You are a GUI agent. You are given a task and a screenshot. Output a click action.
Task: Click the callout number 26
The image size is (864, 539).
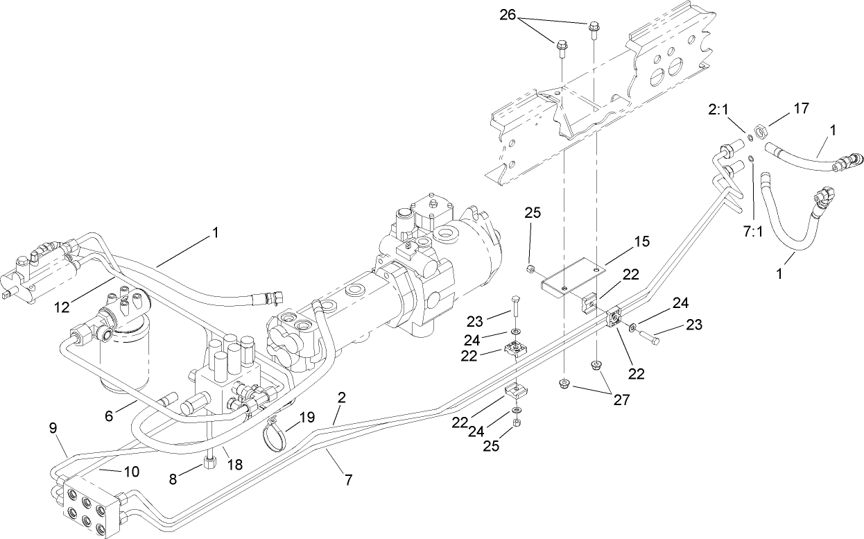(x=526, y=15)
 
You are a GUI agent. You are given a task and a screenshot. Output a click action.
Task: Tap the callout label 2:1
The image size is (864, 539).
(x=718, y=110)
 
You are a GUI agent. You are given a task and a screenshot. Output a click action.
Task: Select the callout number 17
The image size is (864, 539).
(x=802, y=108)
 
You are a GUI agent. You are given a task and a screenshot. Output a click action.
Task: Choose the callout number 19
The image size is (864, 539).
(x=307, y=418)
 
